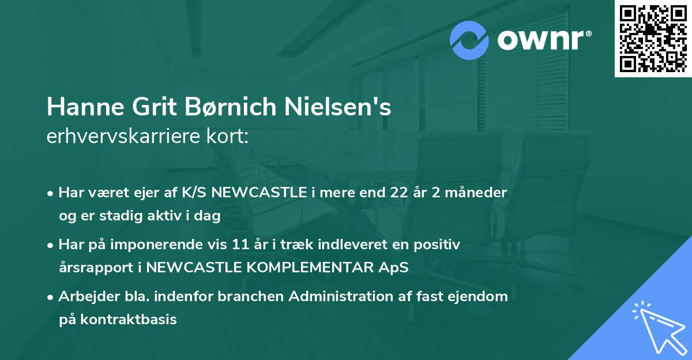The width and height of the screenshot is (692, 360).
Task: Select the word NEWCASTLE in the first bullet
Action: pyautogui.click(x=259, y=193)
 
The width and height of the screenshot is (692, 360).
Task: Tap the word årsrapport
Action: pyautogui.click(x=95, y=268)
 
